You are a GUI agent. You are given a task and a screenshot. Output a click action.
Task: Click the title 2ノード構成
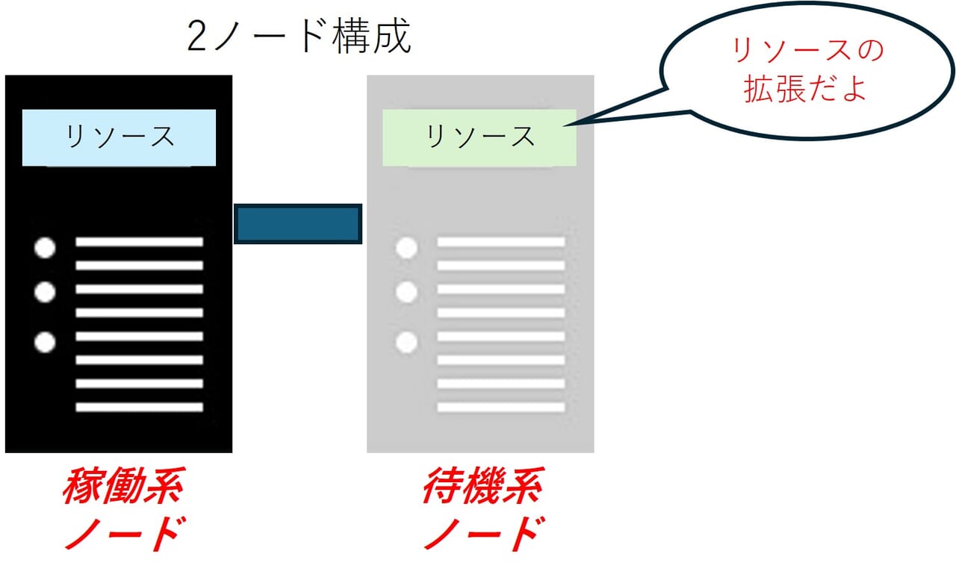299,38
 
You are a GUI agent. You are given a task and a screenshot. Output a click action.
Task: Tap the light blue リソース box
119,137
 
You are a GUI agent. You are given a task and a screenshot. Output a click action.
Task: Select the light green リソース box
479,137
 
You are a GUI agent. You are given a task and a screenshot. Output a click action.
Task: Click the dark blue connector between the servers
298,224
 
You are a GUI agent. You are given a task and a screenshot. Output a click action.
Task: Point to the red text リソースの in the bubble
807,52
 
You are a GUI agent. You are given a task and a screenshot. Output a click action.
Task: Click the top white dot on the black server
46,249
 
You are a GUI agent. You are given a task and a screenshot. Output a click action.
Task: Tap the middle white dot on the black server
46,292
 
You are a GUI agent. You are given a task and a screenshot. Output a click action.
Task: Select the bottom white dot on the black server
46,342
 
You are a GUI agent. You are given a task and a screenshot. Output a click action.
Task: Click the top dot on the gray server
406,249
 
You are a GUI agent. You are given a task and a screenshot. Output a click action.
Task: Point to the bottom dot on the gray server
406,342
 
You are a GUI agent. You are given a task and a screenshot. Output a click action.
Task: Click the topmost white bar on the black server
139,242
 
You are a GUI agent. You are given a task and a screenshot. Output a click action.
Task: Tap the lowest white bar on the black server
139,408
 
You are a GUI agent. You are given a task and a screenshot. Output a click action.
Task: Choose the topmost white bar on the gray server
500,242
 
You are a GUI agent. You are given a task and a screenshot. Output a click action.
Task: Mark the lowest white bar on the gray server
500,408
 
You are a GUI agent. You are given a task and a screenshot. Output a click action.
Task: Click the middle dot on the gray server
406,292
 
